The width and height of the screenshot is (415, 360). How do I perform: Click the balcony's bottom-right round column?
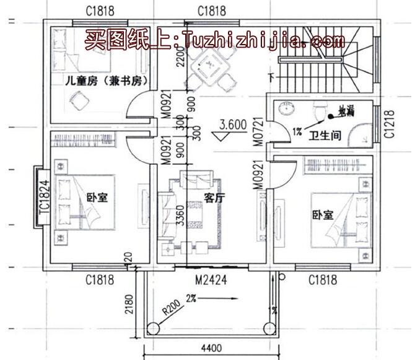pyautogui.click(x=269, y=328)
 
